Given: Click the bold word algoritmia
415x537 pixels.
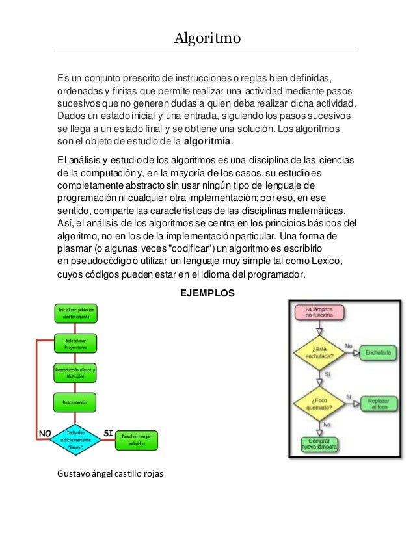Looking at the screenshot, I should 209,142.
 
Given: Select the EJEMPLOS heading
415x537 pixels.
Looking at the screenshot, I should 207,294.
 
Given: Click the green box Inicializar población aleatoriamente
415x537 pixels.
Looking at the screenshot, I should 76,313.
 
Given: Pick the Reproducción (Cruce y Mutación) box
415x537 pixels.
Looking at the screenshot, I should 76,373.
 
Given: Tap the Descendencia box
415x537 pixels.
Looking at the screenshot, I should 75,402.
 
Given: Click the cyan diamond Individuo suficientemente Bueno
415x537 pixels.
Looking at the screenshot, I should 75,439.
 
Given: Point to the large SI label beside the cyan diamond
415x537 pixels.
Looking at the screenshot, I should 111,432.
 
